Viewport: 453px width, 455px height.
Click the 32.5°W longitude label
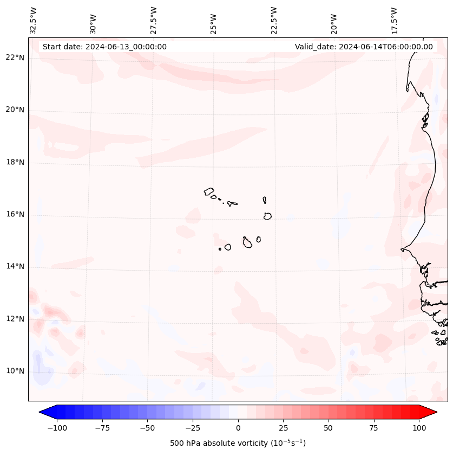(x=34, y=20)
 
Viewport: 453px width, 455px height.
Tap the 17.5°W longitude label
(x=394, y=20)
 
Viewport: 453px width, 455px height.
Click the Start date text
(x=104, y=47)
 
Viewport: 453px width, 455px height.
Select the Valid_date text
(x=364, y=47)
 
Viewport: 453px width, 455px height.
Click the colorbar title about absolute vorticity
(x=238, y=443)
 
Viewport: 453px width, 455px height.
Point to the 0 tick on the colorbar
(x=238, y=428)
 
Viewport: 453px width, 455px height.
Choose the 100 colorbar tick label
(x=419, y=428)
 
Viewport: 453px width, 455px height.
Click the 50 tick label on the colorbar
(x=329, y=428)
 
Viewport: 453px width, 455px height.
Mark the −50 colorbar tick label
(x=147, y=428)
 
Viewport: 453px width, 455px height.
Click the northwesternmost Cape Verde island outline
(x=209, y=191)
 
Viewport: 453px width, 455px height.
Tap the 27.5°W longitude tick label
(x=154, y=20)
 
